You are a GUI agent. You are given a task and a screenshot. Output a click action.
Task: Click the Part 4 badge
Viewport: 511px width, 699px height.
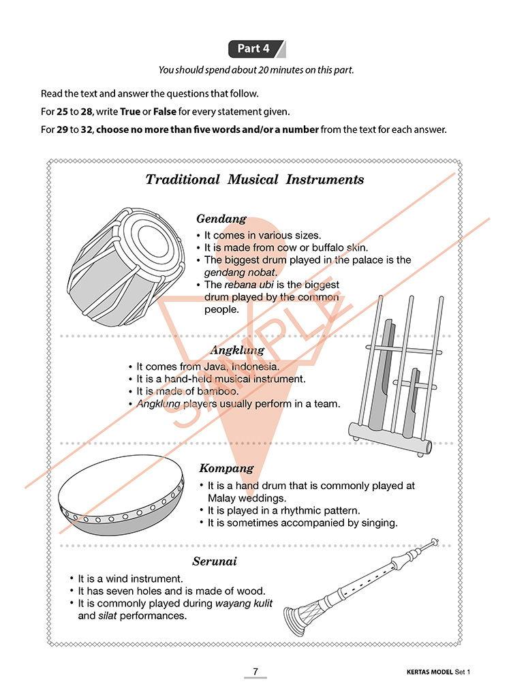(257, 48)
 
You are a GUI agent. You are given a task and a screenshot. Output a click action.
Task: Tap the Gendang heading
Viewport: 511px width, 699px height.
(221, 219)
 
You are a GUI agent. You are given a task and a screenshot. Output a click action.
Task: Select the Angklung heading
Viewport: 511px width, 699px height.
(237, 350)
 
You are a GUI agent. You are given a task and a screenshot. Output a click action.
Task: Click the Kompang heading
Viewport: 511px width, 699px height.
(226, 469)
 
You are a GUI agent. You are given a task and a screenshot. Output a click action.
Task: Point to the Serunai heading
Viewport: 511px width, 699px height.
(215, 561)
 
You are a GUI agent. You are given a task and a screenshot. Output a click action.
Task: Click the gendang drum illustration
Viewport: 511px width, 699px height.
(126, 266)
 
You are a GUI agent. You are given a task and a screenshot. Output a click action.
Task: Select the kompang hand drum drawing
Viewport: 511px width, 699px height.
(121, 495)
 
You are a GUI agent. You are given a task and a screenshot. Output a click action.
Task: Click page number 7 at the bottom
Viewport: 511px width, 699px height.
(255, 671)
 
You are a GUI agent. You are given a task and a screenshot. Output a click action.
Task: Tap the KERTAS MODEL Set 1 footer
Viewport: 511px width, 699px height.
(438, 672)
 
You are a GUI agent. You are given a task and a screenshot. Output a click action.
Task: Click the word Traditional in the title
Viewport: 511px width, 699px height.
(183, 180)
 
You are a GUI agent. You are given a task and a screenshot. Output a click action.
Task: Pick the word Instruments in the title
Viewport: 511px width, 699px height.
(324, 180)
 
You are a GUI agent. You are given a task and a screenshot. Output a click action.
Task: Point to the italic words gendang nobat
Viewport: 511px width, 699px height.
(241, 273)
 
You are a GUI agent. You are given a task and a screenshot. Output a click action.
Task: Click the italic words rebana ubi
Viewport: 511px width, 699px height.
(249, 284)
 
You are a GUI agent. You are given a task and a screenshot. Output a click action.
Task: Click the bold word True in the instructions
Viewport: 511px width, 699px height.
(129, 112)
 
